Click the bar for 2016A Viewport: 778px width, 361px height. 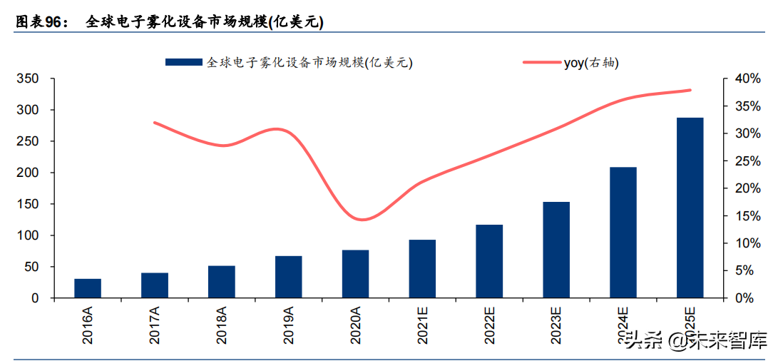[88, 288]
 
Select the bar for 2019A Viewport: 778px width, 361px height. [289, 277]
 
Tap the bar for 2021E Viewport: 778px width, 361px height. [422, 269]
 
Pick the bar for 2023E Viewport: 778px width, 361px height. [556, 250]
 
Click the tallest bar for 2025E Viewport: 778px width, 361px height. [690, 208]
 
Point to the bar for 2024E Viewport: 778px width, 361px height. [623, 233]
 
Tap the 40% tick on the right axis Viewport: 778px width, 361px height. [739, 78]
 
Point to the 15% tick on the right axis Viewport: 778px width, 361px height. [739, 215]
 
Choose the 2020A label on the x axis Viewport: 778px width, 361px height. [355, 325]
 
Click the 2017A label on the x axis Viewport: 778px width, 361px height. [155, 325]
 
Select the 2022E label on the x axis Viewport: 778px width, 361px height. [489, 325]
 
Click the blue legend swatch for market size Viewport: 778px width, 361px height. [184, 63]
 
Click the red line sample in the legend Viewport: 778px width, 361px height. [542, 63]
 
